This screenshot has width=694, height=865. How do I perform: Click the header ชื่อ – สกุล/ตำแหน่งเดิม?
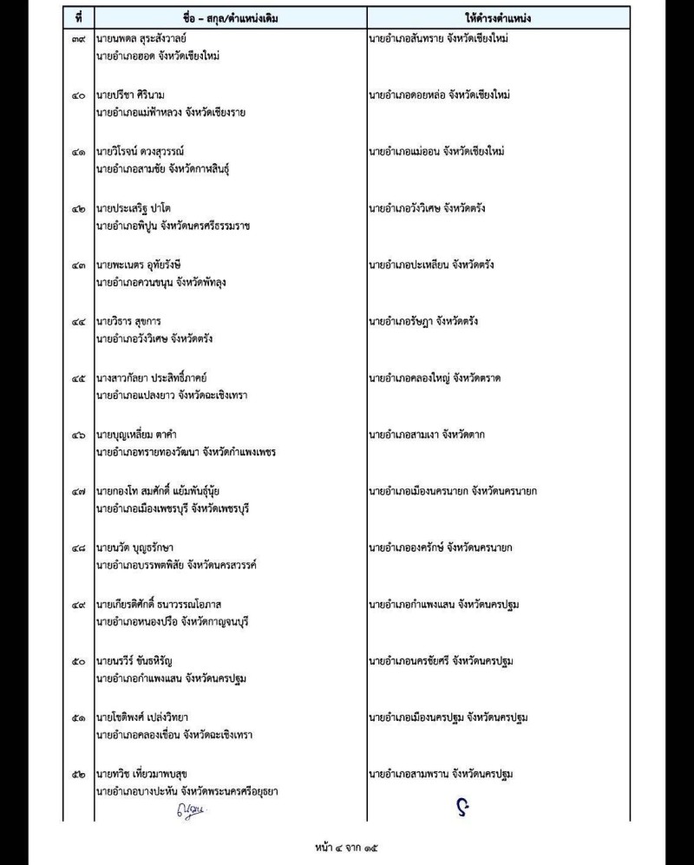229,15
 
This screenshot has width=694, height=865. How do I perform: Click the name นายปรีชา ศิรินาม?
136,95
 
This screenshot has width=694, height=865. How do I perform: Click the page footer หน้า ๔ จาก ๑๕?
345,844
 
